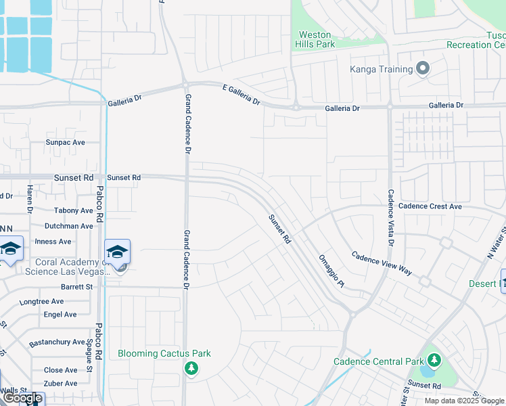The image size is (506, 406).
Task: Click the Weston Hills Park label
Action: pyautogui.click(x=315, y=39)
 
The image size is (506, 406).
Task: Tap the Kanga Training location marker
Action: pyautogui.click(x=423, y=69)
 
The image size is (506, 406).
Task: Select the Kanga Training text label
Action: pyautogui.click(x=381, y=70)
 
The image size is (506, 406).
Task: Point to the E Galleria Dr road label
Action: pyautogui.click(x=241, y=94)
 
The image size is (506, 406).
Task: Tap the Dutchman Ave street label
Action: pyautogui.click(x=68, y=226)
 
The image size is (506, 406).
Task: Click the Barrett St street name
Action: pyautogui.click(x=76, y=287)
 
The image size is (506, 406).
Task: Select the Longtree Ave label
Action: pyautogui.click(x=41, y=301)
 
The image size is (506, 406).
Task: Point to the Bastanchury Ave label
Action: pyautogui.click(x=57, y=342)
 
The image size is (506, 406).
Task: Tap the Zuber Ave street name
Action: pyautogui.click(x=60, y=383)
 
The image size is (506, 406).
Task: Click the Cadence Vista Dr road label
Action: pyautogui.click(x=390, y=217)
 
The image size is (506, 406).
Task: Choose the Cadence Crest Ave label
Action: pyautogui.click(x=430, y=206)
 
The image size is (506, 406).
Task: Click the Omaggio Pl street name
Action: pyautogui.click(x=332, y=270)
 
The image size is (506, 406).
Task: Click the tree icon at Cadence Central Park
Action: pyautogui.click(x=433, y=361)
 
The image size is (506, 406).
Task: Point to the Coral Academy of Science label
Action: pyautogui.click(x=67, y=267)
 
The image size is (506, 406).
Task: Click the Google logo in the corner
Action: pyautogui.click(x=22, y=398)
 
